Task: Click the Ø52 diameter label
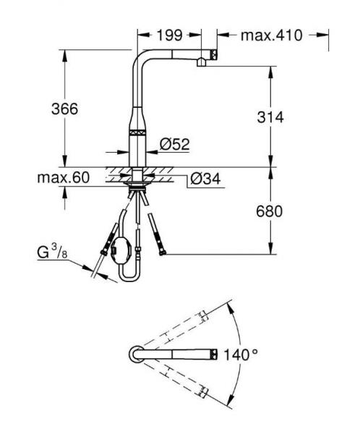pos(174,145)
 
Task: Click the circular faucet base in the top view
pos(137,354)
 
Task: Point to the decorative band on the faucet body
pos(137,132)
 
